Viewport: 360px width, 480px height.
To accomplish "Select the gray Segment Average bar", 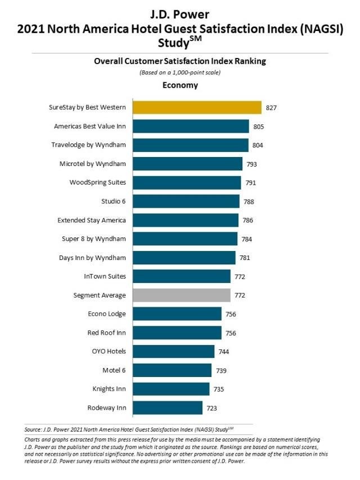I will coord(181,295).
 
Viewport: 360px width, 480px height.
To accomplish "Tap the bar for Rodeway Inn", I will coord(166,407).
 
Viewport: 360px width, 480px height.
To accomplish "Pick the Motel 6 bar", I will coord(171,370).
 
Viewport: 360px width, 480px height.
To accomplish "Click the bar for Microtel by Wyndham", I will coord(187,164).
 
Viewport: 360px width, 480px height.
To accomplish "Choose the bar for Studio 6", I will coord(185,201).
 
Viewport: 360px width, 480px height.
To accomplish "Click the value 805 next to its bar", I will coord(258,127).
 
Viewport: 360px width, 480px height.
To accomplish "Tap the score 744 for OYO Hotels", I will coord(223,352).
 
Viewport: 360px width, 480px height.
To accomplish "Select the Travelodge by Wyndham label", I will coord(88,145).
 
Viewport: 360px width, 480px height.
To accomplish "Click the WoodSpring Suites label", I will coord(97,182).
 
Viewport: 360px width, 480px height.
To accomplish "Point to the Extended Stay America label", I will coord(92,220).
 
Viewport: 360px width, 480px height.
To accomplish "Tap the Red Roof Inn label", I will coord(107,333).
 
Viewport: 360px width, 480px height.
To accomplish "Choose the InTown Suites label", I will coord(104,276).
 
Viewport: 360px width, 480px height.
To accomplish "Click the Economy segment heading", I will coord(180,86).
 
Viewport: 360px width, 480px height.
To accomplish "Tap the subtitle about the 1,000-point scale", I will coord(180,73).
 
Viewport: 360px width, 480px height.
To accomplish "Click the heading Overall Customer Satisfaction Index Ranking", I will coord(180,61).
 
